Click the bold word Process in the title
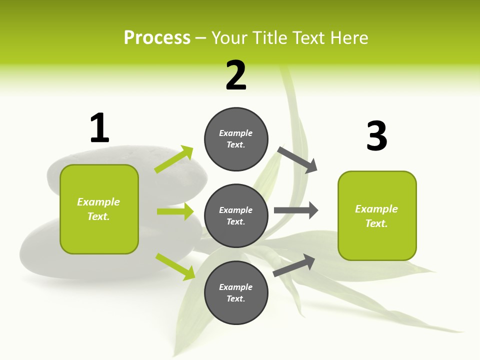[157, 37]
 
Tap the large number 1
[99, 128]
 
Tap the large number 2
[236, 75]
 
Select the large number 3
[377, 136]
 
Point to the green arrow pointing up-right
[174, 159]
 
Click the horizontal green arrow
[175, 211]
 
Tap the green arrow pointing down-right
[175, 266]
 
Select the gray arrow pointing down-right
[297, 159]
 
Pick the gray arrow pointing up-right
[294, 265]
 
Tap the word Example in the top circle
[236, 133]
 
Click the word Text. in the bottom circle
[236, 298]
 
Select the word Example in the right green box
[376, 208]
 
